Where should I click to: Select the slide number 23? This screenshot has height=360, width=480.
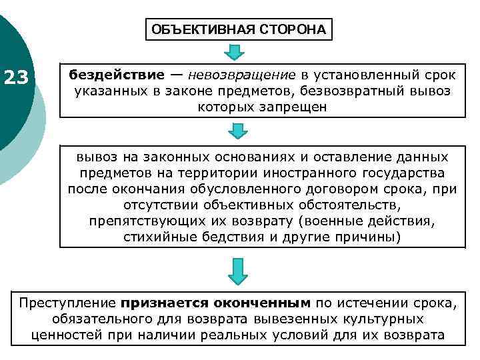coord(16,79)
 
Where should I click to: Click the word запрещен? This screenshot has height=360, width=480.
coord(295,107)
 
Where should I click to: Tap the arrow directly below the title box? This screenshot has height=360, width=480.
coord(235,51)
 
